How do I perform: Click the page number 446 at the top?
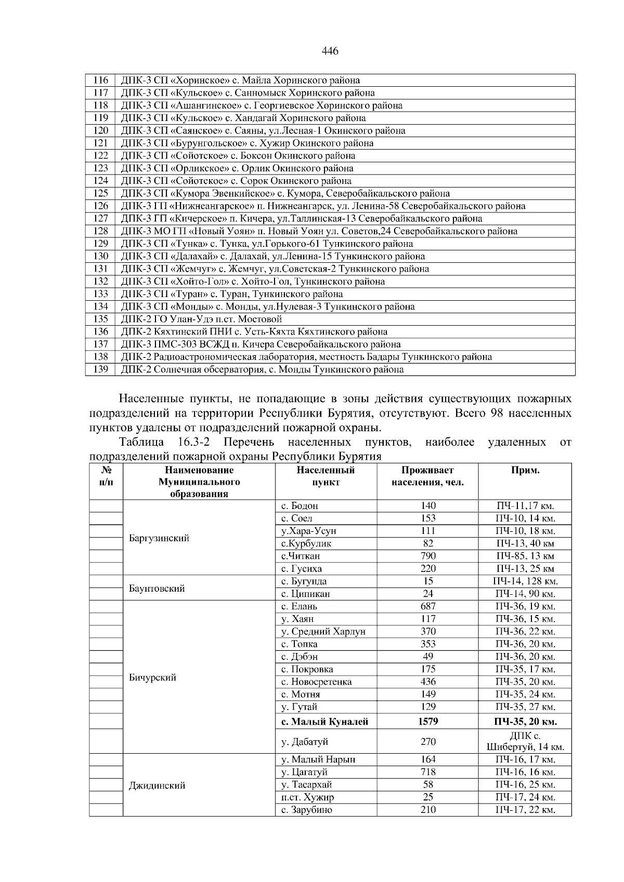click(x=330, y=51)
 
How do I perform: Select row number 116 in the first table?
click(x=100, y=81)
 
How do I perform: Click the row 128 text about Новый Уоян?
click(x=319, y=231)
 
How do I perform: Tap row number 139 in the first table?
click(x=100, y=369)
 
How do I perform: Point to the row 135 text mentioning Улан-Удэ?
click(x=201, y=319)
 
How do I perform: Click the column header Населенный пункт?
click(x=326, y=476)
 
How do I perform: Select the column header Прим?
click(x=525, y=471)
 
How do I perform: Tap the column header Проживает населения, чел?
click(x=427, y=476)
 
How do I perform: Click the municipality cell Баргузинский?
click(x=159, y=538)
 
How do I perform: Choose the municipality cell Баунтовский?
click(x=157, y=589)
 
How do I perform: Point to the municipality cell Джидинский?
click(x=157, y=785)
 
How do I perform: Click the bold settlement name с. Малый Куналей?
click(x=324, y=721)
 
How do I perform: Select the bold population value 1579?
click(x=427, y=721)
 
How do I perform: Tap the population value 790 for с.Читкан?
click(x=427, y=556)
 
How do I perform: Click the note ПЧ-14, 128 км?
click(x=525, y=581)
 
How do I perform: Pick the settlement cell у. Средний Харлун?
click(x=323, y=632)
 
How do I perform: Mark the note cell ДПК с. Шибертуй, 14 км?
click(x=525, y=742)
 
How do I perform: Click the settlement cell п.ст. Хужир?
click(x=307, y=797)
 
